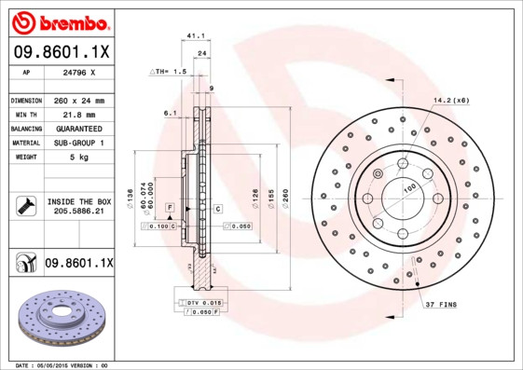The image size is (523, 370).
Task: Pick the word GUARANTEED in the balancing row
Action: click(x=79, y=128)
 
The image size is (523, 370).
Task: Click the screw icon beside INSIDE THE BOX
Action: click(x=25, y=206)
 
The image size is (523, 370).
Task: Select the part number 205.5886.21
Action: click(x=77, y=212)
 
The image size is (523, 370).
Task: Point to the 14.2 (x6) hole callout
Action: click(x=450, y=99)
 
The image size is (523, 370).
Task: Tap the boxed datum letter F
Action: click(x=170, y=206)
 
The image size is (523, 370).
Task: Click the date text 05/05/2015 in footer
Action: click(x=59, y=365)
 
